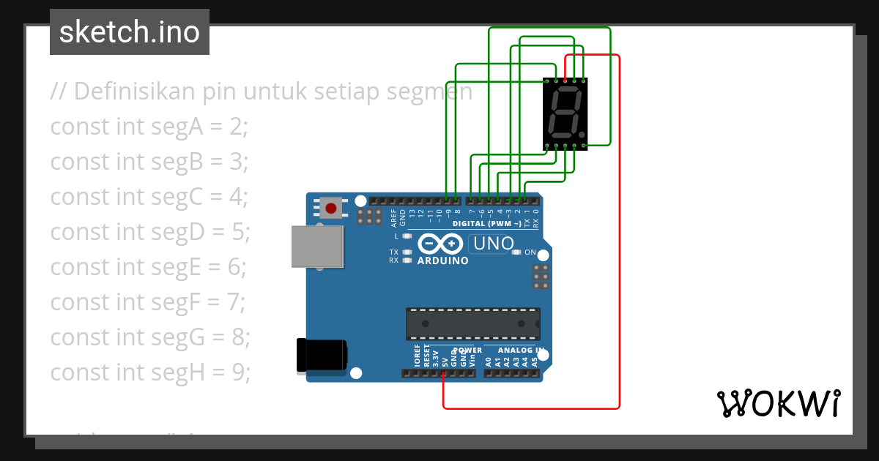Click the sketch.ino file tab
point(130,32)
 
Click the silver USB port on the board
point(317,246)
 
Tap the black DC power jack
point(321,355)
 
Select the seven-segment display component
point(565,113)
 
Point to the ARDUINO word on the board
point(442,261)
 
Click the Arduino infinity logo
point(441,244)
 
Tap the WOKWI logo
point(778,403)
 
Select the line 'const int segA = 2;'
point(149,127)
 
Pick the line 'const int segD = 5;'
point(150,232)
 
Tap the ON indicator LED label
point(530,252)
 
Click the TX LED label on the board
point(393,252)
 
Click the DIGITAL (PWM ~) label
point(486,223)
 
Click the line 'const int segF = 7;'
point(148,302)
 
